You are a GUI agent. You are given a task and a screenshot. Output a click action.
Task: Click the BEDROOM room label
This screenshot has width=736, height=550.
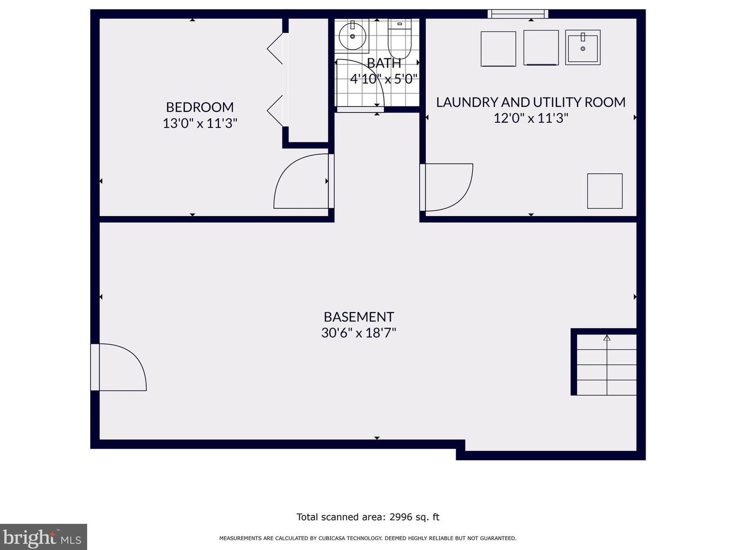pos(200,107)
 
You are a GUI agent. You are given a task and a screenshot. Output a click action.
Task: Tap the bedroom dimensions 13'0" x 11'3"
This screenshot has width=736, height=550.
pos(200,123)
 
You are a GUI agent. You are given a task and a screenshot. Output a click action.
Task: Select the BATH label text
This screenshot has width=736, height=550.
pos(384,63)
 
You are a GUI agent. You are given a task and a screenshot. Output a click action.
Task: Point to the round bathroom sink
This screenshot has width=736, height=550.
pos(352,36)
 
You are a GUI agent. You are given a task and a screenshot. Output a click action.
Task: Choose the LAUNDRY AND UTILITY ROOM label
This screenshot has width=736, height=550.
pos(531,102)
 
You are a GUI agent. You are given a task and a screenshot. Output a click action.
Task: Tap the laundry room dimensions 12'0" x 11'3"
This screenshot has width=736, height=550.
pos(531,118)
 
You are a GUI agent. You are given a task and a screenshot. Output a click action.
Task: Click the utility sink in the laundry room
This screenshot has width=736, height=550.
pos(583,47)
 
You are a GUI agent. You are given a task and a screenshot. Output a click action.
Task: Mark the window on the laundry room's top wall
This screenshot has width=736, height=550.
pos(518,14)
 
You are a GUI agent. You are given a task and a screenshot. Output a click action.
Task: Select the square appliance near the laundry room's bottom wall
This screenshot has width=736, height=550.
pos(605,191)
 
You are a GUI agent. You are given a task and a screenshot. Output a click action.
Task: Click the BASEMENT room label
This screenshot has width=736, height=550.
pos(359,317)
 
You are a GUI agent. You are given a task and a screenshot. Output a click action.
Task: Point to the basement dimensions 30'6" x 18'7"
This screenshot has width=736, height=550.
pos(359,333)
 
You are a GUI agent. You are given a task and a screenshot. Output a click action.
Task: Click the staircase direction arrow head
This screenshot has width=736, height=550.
pos(607,338)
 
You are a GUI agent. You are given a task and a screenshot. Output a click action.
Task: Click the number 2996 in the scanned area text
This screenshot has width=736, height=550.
pos(402,517)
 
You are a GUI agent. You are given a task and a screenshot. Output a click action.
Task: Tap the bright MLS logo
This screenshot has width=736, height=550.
pos(43,537)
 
